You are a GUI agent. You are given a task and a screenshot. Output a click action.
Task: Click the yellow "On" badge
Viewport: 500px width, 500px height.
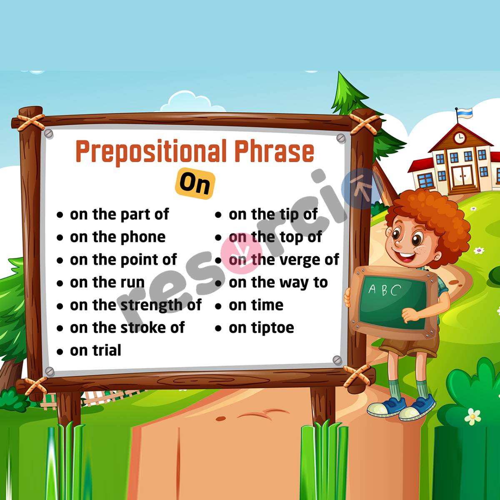195,183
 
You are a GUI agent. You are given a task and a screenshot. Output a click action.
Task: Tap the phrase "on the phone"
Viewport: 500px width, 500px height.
117,237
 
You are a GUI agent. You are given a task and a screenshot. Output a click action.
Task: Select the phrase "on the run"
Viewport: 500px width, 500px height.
107,282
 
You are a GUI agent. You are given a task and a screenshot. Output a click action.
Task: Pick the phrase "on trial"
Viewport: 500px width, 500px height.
95,350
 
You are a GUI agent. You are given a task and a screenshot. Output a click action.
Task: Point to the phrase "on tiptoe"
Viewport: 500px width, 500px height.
261,328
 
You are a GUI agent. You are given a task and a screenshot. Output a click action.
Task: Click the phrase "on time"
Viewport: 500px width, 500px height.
256,305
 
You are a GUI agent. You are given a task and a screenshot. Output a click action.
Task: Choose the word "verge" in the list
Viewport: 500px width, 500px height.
298,260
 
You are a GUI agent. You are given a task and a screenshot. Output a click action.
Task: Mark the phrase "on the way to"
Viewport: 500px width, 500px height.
278,282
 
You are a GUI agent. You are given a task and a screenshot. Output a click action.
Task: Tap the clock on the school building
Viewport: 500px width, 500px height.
459,137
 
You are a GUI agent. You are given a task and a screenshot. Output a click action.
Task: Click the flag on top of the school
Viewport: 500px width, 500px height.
465,112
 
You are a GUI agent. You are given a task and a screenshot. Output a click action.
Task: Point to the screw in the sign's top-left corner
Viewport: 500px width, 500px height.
49,134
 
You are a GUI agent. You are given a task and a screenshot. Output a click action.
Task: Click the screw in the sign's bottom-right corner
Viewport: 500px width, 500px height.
337,360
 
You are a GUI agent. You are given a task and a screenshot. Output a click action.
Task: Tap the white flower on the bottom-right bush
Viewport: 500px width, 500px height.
472,416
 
